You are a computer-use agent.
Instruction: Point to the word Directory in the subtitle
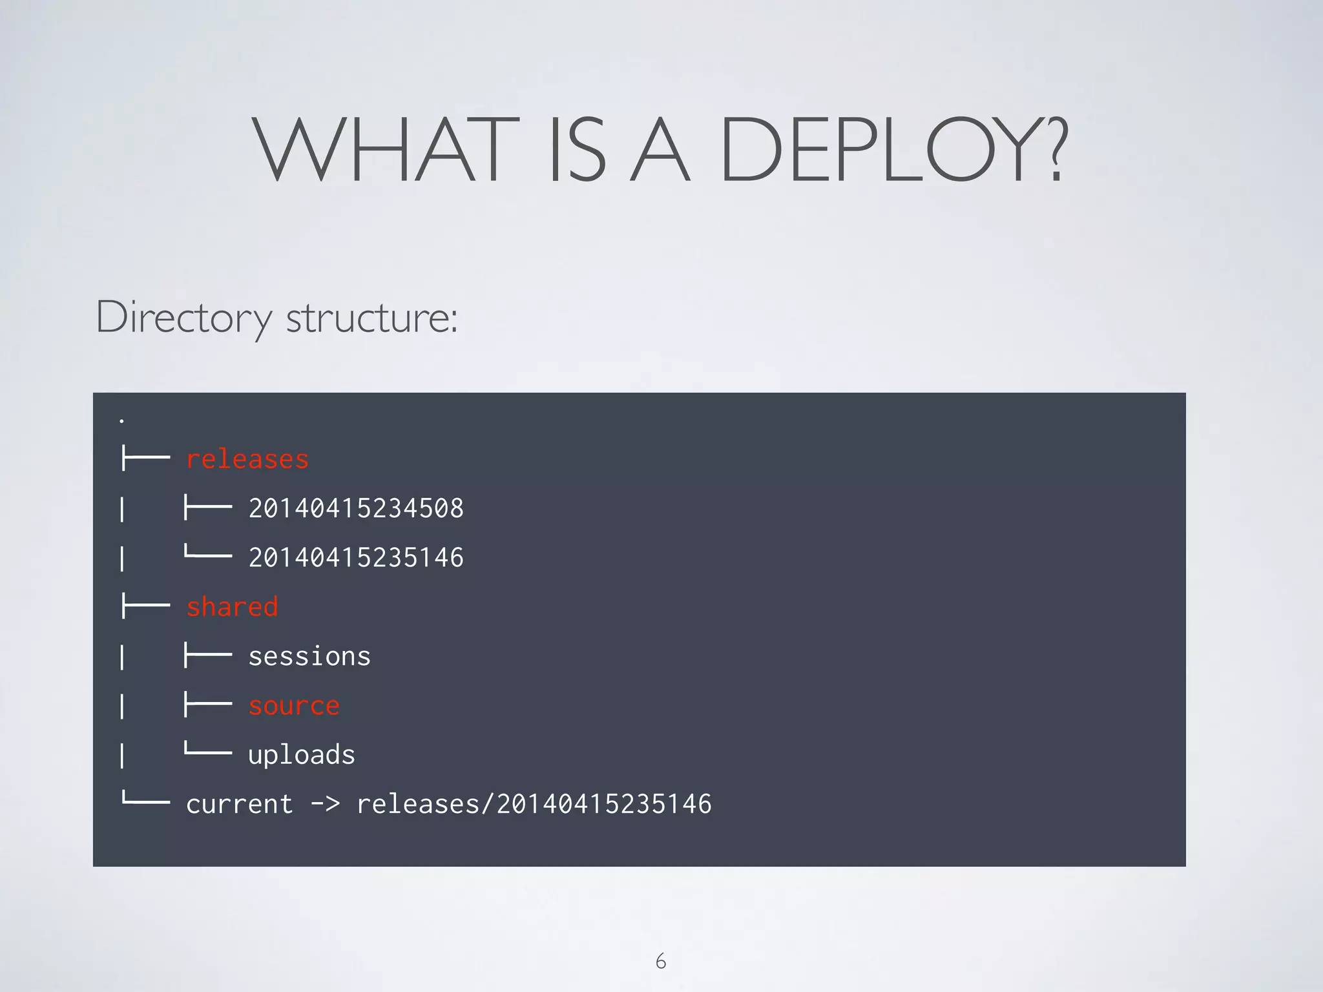(x=184, y=318)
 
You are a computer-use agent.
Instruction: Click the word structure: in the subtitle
(x=372, y=318)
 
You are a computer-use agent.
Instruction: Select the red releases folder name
(x=247, y=459)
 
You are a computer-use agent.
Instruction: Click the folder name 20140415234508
(x=356, y=508)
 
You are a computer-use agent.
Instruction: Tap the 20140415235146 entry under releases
(x=356, y=557)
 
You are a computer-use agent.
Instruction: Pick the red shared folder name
(x=232, y=607)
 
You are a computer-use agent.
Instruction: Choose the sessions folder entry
(x=309, y=656)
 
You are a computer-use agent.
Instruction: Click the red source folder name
(x=294, y=705)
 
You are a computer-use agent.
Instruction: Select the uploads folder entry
(x=302, y=755)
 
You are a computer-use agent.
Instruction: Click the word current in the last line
(x=240, y=805)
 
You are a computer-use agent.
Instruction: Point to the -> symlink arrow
(x=325, y=805)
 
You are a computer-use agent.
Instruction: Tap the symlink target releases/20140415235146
(x=534, y=805)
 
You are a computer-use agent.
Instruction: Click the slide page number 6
(x=661, y=961)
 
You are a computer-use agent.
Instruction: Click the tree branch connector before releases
(x=145, y=459)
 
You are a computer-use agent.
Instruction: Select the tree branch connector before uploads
(x=208, y=752)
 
